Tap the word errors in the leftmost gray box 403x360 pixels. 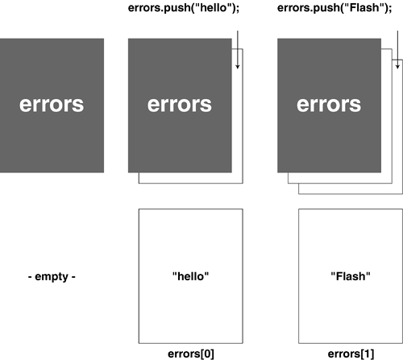click(x=52, y=105)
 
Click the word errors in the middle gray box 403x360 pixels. click(x=180, y=105)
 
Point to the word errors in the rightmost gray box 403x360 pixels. click(x=329, y=105)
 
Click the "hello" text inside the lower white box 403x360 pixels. click(x=190, y=275)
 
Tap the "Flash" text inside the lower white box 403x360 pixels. click(x=350, y=275)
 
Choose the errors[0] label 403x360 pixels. click(x=190, y=353)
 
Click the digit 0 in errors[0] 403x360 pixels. click(x=208, y=353)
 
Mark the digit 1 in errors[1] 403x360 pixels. click(x=368, y=353)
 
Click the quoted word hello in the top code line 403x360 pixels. click(x=215, y=10)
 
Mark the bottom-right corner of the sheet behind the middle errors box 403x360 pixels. click(x=243, y=184)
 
